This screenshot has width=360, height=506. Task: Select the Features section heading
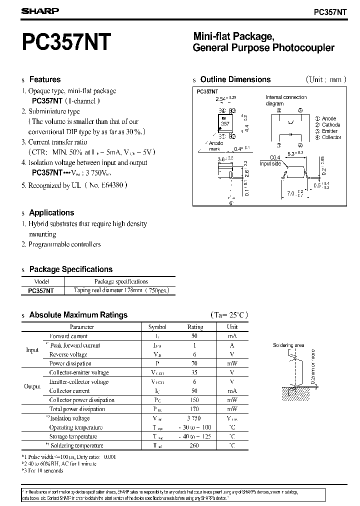44,79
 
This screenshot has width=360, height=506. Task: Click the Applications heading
51,212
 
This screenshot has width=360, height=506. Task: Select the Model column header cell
42,281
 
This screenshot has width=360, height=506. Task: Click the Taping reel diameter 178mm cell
121,290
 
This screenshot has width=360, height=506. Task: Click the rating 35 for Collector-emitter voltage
194,372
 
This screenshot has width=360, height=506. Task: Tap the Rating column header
195,327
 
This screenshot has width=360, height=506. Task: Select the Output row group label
32,386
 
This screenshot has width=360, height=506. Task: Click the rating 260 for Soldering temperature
194,445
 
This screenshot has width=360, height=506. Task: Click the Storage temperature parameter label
76,436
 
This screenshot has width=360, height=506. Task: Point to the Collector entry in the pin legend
331,137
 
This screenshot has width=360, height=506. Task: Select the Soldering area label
288,345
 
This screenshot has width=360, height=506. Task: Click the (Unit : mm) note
325,79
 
